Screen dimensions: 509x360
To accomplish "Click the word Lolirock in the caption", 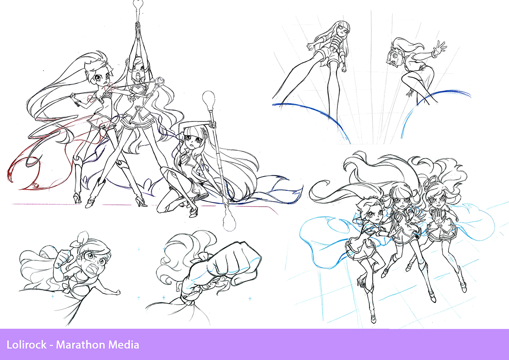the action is [x=27, y=344].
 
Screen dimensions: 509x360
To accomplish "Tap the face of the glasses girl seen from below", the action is [x=343, y=32].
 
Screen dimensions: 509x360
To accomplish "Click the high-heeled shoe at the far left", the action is [x=77, y=198].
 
